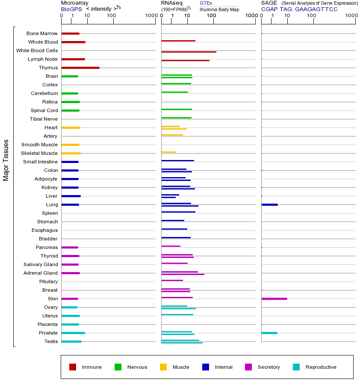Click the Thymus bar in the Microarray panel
[80, 68]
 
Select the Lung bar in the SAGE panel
[269, 204]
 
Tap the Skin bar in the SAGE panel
[274, 299]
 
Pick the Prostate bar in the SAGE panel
[269, 333]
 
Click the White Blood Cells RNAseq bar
[189, 52]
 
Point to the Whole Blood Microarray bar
[73, 42]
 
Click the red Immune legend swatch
[73, 367]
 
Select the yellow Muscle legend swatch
[163, 367]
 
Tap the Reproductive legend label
[321, 367]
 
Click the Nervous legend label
[137, 367]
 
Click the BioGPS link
[71, 9]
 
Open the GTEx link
[206, 3]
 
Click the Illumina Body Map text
[219, 9]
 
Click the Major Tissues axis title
[6, 160]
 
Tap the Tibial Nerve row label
[44, 119]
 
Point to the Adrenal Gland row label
[41, 273]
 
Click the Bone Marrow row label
[42, 33]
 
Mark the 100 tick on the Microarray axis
[112, 16]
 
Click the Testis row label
[51, 341]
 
